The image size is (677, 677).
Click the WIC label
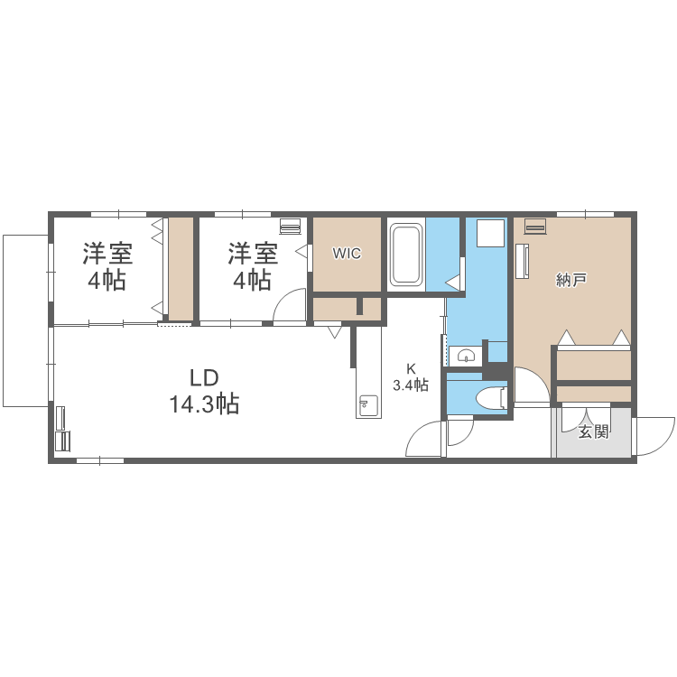347,254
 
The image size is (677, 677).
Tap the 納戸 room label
572,280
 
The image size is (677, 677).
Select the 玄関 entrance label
593,431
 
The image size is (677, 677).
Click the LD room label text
204,377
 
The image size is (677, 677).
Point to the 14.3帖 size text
204,404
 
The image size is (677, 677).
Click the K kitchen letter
411,368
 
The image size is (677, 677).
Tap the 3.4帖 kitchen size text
411,385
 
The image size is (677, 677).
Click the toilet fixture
492,397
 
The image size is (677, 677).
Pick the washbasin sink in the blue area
466,355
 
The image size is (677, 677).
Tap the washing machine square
490,232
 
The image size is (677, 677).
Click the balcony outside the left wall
25,320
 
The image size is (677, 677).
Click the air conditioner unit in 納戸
535,226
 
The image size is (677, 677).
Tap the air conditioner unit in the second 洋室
290,225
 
